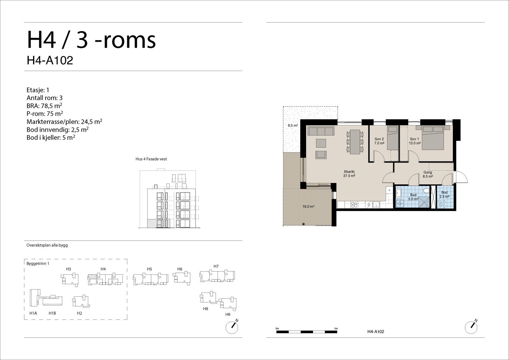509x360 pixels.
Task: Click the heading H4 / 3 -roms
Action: pos(91,40)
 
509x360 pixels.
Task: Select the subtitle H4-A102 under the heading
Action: pos(50,60)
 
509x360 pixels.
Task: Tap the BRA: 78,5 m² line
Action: pos(44,106)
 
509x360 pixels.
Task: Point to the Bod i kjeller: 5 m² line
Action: pos(51,138)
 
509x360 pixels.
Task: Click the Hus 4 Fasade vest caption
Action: pos(151,159)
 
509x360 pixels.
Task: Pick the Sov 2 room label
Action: pos(379,139)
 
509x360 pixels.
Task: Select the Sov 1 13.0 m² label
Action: pos(415,141)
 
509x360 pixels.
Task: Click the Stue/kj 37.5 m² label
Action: pos(349,174)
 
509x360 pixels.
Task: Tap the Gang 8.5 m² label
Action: pos(428,174)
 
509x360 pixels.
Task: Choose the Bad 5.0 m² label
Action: pos(413,197)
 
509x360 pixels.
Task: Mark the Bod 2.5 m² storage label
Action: pos(444,194)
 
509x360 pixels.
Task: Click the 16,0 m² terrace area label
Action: pos(308,207)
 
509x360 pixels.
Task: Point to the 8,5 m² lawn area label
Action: pos(293,125)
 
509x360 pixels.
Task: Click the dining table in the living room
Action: pos(355,142)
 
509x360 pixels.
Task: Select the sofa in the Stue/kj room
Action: pos(321,131)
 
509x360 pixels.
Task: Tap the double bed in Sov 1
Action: pos(433,138)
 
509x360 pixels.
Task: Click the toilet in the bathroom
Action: pos(427,190)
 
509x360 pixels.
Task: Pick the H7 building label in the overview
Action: pos(216,266)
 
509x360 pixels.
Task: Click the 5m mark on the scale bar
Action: pos(336,328)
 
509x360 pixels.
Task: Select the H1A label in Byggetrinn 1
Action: pos(33,313)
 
